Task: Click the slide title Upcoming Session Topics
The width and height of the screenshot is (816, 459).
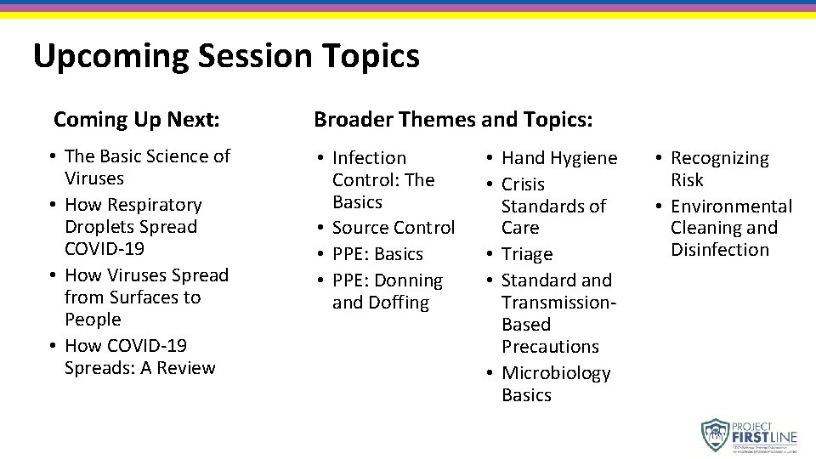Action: pyautogui.click(x=226, y=56)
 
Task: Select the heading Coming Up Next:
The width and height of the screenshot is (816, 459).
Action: pyautogui.click(x=137, y=120)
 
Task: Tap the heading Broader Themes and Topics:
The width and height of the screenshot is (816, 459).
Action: pyautogui.click(x=453, y=120)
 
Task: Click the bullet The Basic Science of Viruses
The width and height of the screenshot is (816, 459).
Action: pyautogui.click(x=146, y=167)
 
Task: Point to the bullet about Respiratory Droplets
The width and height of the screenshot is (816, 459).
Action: pyautogui.click(x=133, y=226)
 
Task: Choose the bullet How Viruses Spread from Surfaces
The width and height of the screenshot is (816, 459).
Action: pyautogui.click(x=146, y=297)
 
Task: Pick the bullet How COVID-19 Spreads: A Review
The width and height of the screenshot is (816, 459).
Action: pyautogui.click(x=139, y=356)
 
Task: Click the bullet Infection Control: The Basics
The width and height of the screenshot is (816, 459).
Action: pyautogui.click(x=382, y=179)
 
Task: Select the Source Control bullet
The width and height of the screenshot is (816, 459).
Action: pyautogui.click(x=393, y=228)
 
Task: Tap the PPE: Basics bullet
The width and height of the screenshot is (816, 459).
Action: pyautogui.click(x=377, y=254)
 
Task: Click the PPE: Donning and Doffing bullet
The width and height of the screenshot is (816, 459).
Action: pyautogui.click(x=387, y=291)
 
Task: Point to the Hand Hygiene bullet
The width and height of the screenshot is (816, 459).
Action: pyautogui.click(x=558, y=158)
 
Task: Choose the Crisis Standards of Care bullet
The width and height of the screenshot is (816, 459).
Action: pyautogui.click(x=553, y=206)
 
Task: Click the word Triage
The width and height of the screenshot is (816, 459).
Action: pyautogui.click(x=527, y=254)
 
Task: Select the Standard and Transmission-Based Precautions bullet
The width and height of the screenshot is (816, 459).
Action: pyautogui.click(x=558, y=313)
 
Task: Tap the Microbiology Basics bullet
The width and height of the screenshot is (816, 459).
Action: pyautogui.click(x=555, y=383)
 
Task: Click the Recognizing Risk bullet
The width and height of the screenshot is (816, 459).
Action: pyautogui.click(x=718, y=168)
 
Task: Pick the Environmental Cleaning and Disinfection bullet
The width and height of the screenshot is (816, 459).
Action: pyautogui.click(x=730, y=228)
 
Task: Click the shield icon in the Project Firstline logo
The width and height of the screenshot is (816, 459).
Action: pyautogui.click(x=716, y=434)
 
